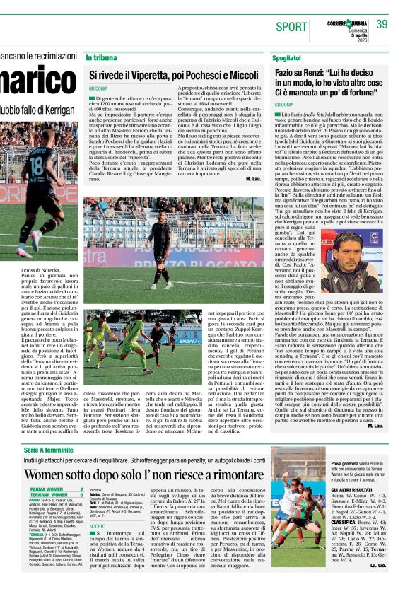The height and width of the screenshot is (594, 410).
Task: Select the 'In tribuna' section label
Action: [x=100, y=57]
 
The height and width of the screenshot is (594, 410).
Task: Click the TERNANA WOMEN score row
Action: [x=56, y=495]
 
